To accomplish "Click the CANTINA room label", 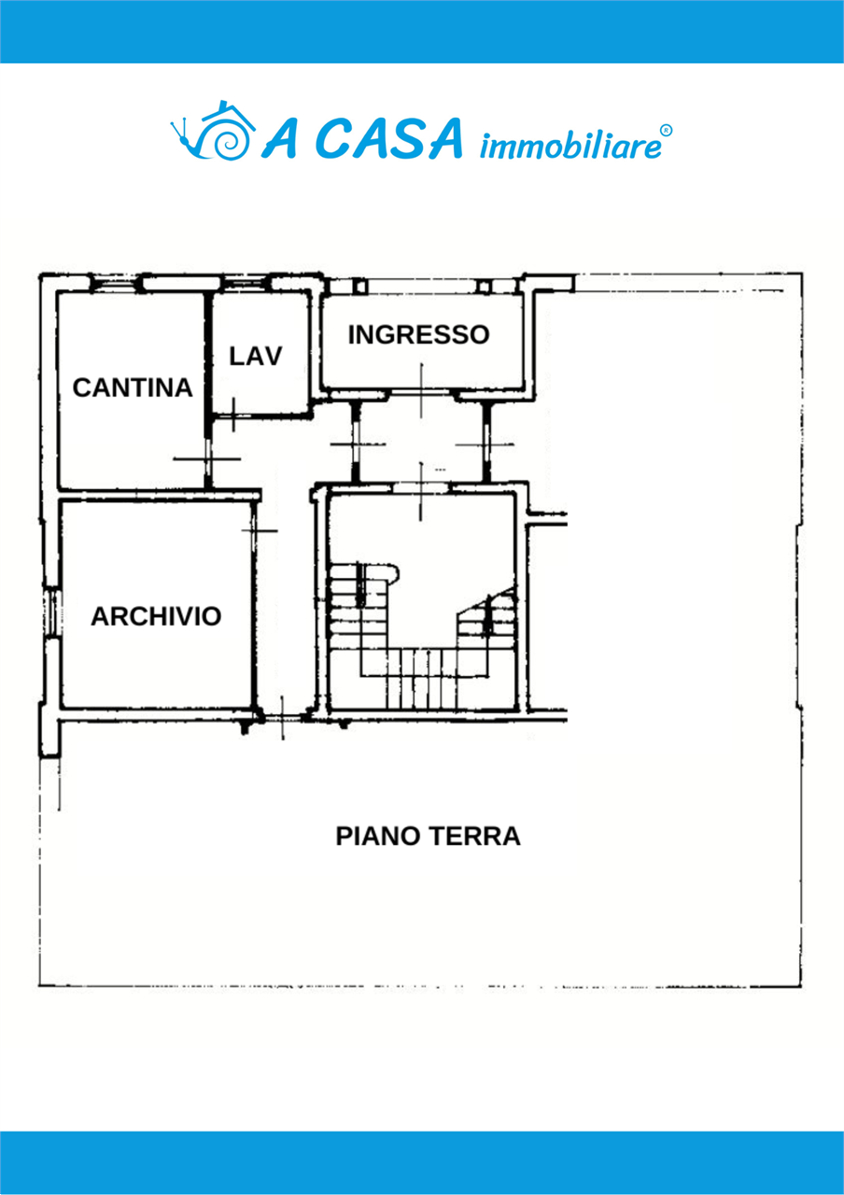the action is click(x=133, y=387).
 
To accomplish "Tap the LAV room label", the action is click(x=256, y=357).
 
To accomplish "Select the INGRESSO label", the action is click(x=419, y=335).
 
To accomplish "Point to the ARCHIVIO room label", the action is click(x=156, y=617).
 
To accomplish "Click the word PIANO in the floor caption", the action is click(x=377, y=836).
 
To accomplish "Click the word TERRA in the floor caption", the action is click(x=474, y=836).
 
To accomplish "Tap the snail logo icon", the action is click(x=212, y=130).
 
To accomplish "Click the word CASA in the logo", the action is click(x=389, y=139).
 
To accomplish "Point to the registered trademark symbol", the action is click(x=667, y=130).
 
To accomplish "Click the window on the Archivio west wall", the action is click(x=51, y=612).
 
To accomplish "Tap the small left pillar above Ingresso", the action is click(x=361, y=287).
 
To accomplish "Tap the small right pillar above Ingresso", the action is click(x=484, y=287).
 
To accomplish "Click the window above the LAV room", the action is click(x=246, y=283).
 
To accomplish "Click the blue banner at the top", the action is click(x=422, y=32).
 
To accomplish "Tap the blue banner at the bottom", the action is click(x=422, y=1163).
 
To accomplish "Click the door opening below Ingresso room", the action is click(x=421, y=393).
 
